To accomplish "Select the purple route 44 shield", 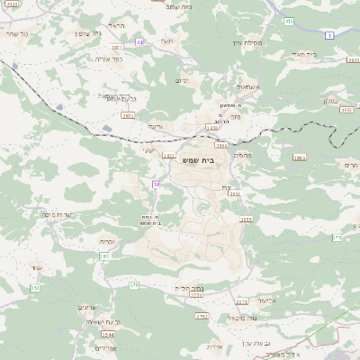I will [x=139, y=42].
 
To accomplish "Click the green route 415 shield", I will [x=289, y=21].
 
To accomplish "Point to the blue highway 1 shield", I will [x=329, y=35].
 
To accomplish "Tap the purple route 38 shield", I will [x=157, y=184].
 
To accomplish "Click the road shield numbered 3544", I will [x=108, y=335].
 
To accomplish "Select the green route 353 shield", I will [x=34, y=288].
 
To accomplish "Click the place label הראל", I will [x=115, y=25].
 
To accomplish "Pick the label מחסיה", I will [x=242, y=155].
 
